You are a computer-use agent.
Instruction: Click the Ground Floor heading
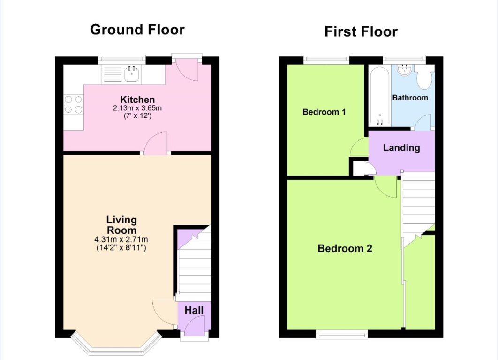(137, 30)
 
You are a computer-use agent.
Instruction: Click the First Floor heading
(361, 31)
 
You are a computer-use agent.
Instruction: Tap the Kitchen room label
(137, 100)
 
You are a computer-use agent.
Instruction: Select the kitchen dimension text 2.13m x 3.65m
(137, 108)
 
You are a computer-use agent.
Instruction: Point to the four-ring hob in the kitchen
(73, 104)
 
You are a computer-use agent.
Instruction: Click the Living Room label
(121, 225)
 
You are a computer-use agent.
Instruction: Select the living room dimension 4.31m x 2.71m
(121, 239)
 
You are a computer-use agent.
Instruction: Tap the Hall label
(194, 310)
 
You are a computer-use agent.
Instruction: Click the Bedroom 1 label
(324, 112)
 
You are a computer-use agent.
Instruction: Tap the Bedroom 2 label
(345, 248)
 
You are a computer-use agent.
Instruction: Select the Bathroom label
(410, 98)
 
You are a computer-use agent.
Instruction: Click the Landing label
(401, 148)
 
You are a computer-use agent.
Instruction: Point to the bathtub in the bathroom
(379, 96)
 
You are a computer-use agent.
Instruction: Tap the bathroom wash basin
(404, 70)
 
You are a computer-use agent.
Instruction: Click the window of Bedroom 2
(341, 334)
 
